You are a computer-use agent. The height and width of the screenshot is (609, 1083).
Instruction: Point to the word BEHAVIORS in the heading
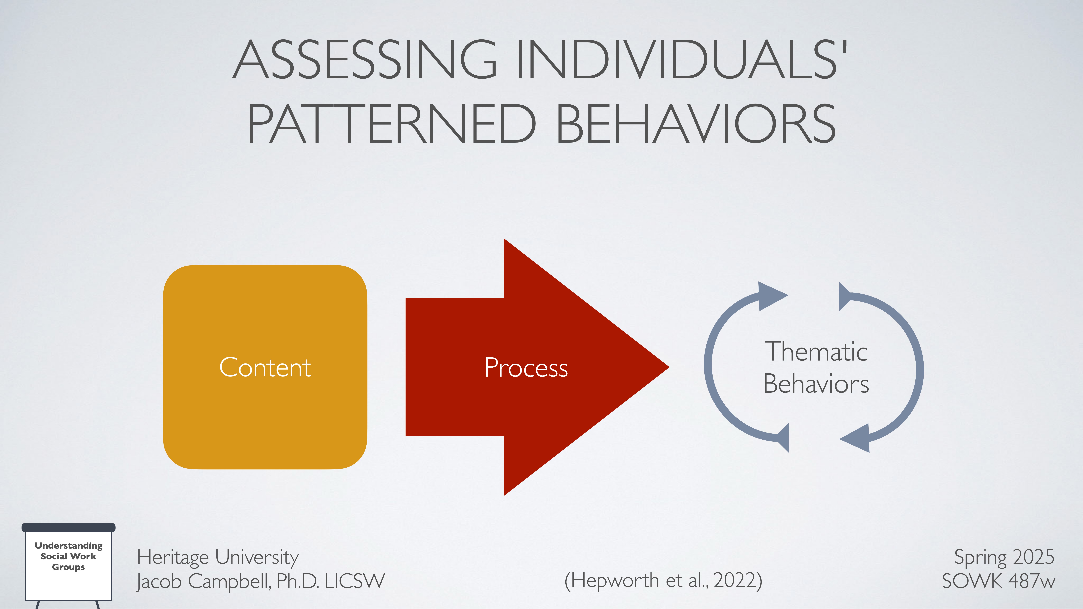tap(696, 124)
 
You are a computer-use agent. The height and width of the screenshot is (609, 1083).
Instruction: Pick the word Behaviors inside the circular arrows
tap(816, 384)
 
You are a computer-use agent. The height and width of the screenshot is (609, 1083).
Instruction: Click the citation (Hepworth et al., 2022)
tap(663, 580)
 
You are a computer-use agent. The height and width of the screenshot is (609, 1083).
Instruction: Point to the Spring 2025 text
tap(1004, 557)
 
